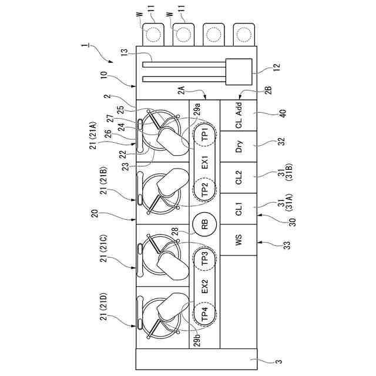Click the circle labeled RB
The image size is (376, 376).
click(x=204, y=224)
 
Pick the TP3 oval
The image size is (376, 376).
click(x=204, y=258)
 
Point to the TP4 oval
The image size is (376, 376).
click(x=204, y=314)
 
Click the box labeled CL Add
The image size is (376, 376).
click(x=239, y=115)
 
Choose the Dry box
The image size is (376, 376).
click(x=239, y=147)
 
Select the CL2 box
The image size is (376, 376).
click(x=239, y=178)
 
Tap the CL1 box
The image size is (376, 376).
click(x=239, y=209)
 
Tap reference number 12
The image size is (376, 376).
click(x=277, y=66)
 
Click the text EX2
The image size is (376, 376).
click(x=204, y=287)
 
